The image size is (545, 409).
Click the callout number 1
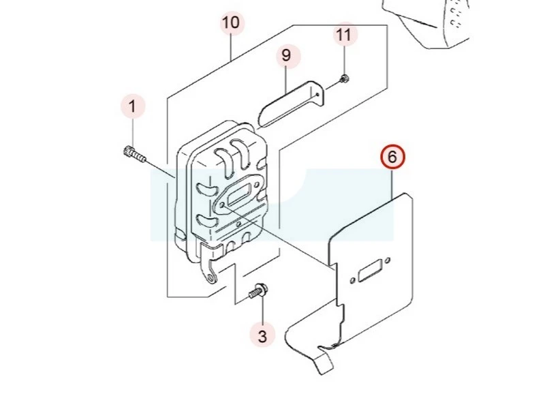point(133,106)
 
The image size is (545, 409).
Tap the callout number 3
point(262,335)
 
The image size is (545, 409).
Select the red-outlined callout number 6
point(392,157)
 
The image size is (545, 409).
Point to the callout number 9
point(286,55)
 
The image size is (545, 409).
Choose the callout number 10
point(231,22)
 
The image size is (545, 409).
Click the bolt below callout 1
point(134,154)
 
